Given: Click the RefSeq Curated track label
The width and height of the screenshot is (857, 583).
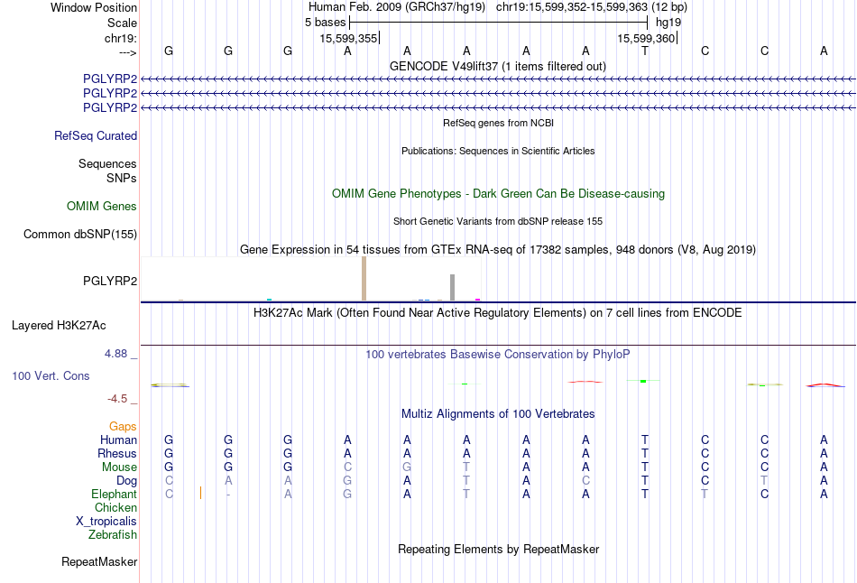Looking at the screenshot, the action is (96, 135).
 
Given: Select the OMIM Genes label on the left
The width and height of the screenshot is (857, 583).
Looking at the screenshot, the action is (102, 206).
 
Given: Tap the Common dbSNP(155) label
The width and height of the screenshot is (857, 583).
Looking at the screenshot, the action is (80, 234).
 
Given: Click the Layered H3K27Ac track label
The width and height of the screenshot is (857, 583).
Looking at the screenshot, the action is (59, 326).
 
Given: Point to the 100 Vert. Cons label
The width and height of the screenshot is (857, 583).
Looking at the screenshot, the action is (51, 375).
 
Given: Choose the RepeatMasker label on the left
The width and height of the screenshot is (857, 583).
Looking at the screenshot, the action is (99, 561).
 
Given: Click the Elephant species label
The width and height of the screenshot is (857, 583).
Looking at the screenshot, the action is (115, 494).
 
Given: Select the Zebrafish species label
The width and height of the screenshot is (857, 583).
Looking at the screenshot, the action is (113, 534).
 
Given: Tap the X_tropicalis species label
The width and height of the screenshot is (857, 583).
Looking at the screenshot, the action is (106, 522).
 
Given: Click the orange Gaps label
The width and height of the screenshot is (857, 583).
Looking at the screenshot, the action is (123, 426).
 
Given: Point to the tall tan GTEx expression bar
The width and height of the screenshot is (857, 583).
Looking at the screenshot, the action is (364, 278).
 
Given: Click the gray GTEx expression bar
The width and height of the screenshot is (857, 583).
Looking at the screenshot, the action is (453, 287).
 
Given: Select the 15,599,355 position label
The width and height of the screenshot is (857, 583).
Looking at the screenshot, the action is (349, 38).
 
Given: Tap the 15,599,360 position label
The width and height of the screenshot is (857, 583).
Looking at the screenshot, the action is (646, 38).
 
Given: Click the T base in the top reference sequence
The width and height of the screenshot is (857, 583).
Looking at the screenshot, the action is (645, 51).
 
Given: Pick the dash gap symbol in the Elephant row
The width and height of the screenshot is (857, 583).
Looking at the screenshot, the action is (228, 495).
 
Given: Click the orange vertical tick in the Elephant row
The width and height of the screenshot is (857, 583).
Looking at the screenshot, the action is (201, 493).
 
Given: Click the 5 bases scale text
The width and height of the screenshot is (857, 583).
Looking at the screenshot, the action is (325, 23).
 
